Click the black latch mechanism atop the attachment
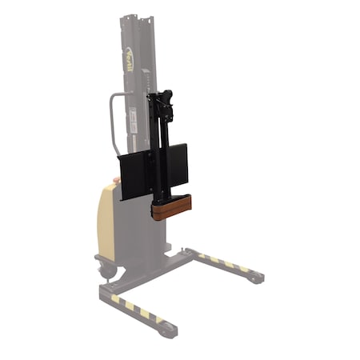point(165,102)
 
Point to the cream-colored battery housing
point(106,220)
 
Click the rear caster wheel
point(106,270)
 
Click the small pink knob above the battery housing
point(117,181)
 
